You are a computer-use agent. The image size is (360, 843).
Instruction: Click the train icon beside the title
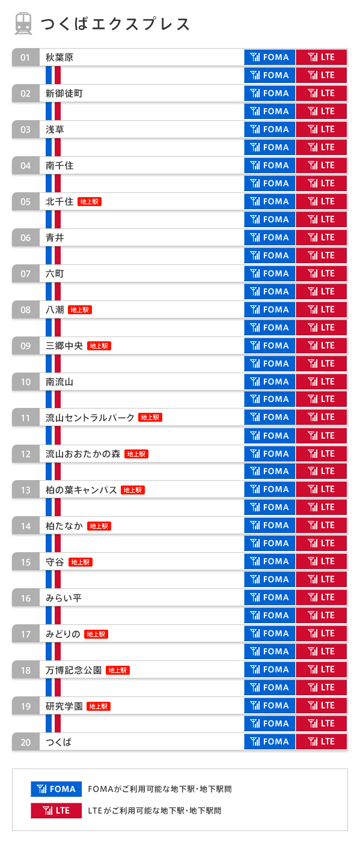(23, 23)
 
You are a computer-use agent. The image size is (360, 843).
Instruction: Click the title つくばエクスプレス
(115, 24)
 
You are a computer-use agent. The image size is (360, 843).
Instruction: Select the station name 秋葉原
(59, 58)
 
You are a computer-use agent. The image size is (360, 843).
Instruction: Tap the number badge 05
(25, 201)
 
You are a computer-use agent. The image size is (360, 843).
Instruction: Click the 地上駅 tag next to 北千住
(90, 202)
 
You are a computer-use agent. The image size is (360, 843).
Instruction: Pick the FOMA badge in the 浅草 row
(270, 129)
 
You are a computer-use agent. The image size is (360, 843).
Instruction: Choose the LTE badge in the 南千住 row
(321, 165)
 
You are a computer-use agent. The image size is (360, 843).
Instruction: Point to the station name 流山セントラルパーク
(90, 418)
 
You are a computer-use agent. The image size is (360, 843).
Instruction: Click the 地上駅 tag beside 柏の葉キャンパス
(133, 490)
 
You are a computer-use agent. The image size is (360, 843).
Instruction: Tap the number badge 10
(25, 382)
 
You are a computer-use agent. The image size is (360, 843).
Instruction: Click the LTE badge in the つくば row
(321, 741)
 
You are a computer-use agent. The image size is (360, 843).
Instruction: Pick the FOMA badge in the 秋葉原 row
(270, 57)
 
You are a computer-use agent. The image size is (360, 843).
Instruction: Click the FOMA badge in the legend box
(56, 789)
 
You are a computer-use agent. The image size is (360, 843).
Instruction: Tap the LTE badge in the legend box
(56, 811)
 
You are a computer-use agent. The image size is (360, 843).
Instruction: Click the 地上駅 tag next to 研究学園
(99, 707)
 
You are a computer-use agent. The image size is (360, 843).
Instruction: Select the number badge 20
(25, 742)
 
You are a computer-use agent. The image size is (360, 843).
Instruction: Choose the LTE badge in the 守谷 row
(321, 561)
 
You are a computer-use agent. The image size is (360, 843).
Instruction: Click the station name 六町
(55, 273)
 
